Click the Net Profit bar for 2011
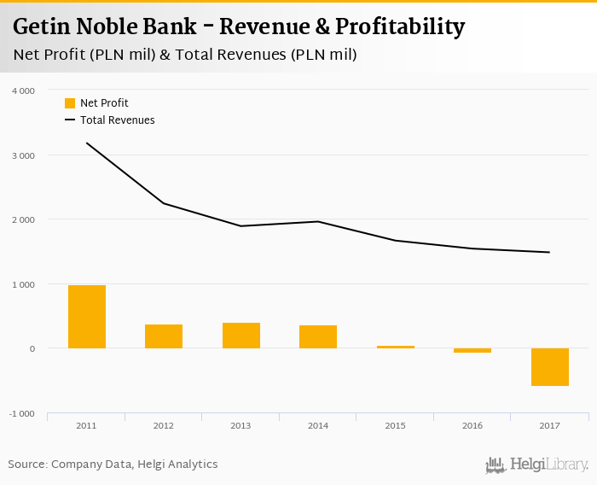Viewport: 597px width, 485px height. point(87,317)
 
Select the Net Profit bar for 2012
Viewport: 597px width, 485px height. point(164,336)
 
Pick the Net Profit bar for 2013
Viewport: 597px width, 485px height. point(241,336)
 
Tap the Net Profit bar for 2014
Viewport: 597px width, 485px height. point(318,336)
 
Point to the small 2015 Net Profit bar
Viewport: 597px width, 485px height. point(395,347)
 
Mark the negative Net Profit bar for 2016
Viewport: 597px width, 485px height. point(472,351)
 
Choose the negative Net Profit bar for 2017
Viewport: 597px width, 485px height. point(549,367)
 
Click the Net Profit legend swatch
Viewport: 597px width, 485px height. point(70,103)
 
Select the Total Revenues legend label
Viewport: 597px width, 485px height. point(118,120)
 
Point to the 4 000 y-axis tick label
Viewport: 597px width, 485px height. point(23,91)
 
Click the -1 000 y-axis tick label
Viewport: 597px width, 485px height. point(21,413)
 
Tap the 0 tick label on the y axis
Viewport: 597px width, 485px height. point(32,348)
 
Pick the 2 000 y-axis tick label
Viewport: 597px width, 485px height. point(23,219)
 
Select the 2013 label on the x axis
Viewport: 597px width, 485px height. point(241,424)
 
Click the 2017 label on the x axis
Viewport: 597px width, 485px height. point(549,424)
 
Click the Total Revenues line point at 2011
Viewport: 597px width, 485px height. point(87,143)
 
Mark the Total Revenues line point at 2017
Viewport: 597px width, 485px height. point(549,252)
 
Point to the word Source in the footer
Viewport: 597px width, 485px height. point(27,465)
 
